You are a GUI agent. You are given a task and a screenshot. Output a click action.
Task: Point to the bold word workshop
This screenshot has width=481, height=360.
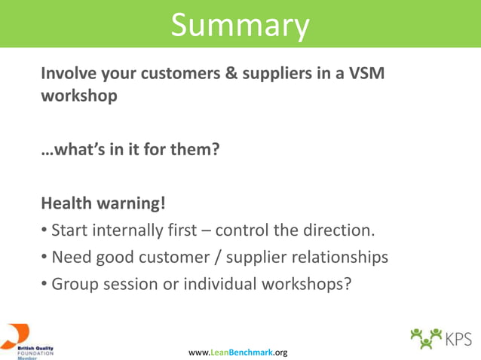[x=79, y=97]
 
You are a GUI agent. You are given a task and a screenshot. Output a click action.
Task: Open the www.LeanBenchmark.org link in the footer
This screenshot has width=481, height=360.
[x=237, y=352]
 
